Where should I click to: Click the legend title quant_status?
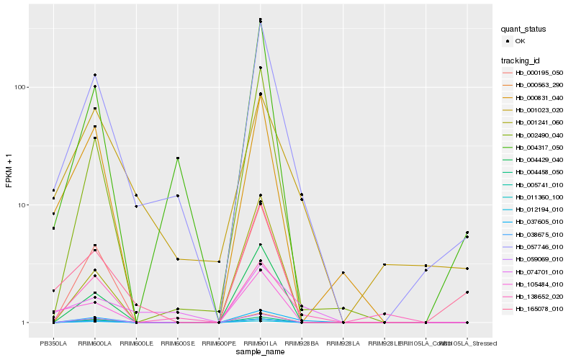pos(526,30)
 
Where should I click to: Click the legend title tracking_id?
pos(523,60)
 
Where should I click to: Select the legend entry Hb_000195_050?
pos(539,73)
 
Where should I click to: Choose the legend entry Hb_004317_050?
pos(539,147)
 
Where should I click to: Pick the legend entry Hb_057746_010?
pos(539,246)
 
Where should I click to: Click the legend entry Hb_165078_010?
pos(539,308)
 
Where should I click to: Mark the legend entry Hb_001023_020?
pos(539,110)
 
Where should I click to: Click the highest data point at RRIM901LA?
pos(260,19)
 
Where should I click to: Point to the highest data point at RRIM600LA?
pos(95,75)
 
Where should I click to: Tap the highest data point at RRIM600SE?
pos(177,158)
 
